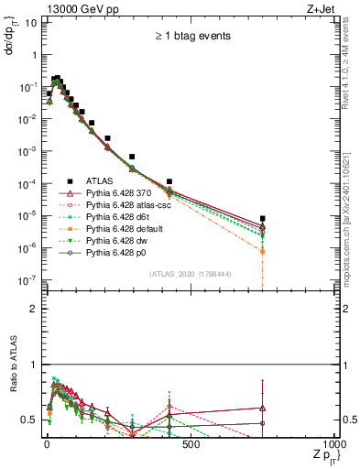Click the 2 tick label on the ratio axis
[33, 309]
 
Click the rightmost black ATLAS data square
[263, 218]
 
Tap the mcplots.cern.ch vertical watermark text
[351, 202]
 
